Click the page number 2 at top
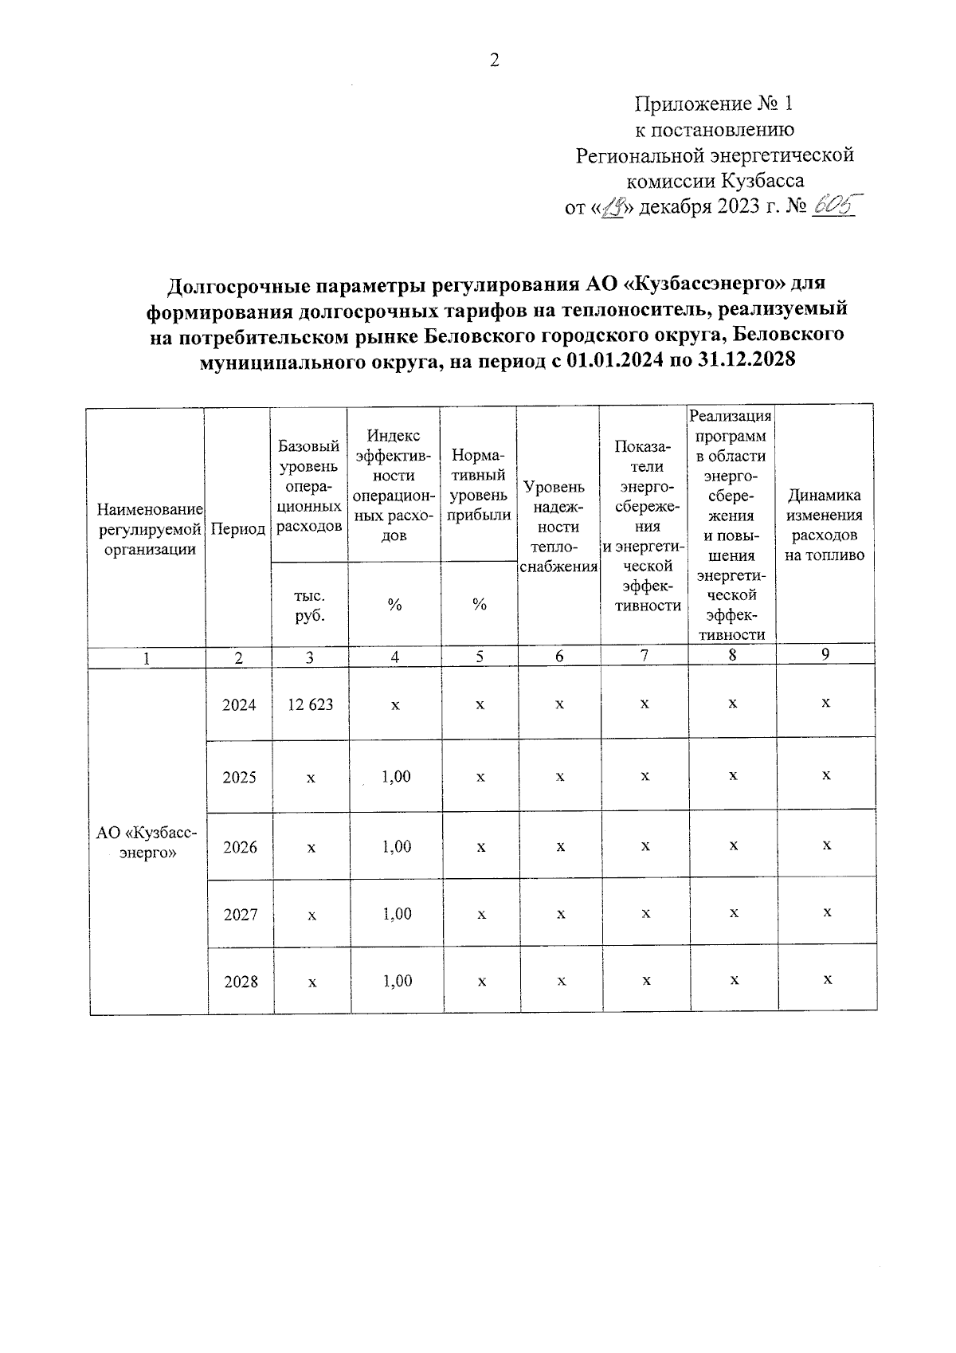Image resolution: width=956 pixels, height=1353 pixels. (x=494, y=61)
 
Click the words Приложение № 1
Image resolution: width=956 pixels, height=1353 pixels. (x=715, y=104)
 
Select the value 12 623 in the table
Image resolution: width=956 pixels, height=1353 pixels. (x=311, y=704)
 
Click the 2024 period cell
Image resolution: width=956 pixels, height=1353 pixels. (x=240, y=704)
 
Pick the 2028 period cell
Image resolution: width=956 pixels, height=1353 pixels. (x=241, y=982)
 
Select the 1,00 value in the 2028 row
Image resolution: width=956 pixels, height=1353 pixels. (x=397, y=981)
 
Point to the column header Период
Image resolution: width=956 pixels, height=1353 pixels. (x=237, y=529)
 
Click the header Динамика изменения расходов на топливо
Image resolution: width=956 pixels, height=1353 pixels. (x=824, y=526)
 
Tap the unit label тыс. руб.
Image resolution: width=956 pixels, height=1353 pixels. (x=309, y=606)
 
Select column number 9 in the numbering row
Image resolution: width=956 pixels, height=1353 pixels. (x=826, y=654)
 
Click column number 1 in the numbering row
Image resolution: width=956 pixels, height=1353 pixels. (x=147, y=657)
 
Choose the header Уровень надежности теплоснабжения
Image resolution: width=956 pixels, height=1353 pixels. (x=558, y=526)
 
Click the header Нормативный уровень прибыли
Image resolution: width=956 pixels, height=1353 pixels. (x=479, y=485)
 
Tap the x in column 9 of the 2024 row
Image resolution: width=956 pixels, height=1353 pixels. (x=826, y=703)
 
